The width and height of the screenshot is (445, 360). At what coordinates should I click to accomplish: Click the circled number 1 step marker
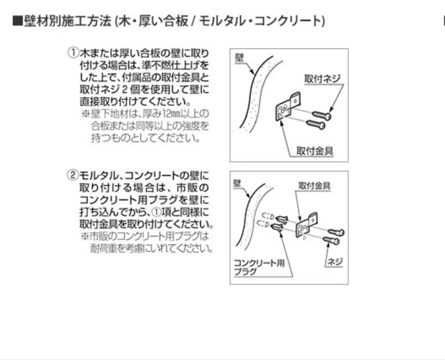(x=73, y=53)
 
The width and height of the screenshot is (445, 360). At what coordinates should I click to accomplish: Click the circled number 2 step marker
(x=73, y=175)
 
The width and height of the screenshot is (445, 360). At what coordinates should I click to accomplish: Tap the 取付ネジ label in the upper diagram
(x=323, y=78)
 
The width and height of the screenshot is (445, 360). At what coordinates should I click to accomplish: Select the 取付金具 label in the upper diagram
(x=315, y=151)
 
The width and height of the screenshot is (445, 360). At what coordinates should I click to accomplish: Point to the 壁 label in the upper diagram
(x=239, y=57)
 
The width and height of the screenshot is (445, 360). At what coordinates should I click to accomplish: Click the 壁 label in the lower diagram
(x=237, y=182)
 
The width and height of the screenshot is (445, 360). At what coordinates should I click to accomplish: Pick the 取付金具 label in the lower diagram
(x=314, y=186)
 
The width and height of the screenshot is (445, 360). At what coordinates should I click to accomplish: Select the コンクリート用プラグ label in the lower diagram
(x=259, y=267)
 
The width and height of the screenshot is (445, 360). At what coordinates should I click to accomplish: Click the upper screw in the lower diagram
(x=336, y=232)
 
